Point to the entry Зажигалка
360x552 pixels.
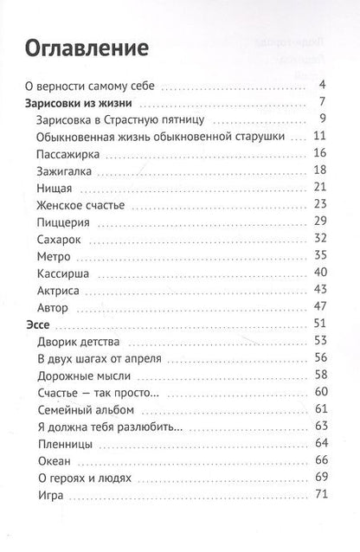pos(67,170)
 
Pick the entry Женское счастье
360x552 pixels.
pos(82,205)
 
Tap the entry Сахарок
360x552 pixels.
pos(61,241)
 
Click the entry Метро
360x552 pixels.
pos(54,259)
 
